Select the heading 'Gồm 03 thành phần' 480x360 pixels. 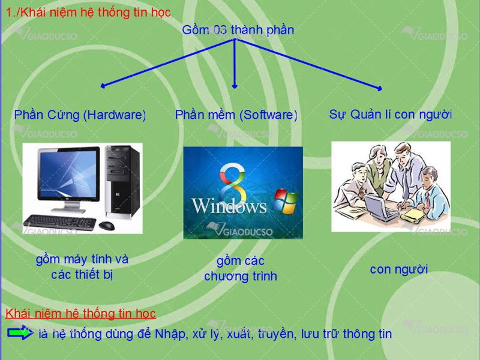[x=238, y=30]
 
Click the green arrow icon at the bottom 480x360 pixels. [x=20, y=333]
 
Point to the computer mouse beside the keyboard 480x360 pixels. [x=107, y=226]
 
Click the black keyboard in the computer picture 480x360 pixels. [x=60, y=222]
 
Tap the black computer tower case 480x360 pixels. [x=122, y=182]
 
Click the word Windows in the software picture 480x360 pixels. [x=229, y=206]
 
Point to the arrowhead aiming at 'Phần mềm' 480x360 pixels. [x=235, y=86]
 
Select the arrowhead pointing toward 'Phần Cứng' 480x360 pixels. [x=103, y=86]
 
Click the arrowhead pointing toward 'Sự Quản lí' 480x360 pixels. [x=380, y=88]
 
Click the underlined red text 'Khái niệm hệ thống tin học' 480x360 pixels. [x=81, y=314]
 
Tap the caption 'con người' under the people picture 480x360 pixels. [x=398, y=269]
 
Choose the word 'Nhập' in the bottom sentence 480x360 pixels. [x=170, y=334]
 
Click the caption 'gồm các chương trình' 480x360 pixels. [x=241, y=269]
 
